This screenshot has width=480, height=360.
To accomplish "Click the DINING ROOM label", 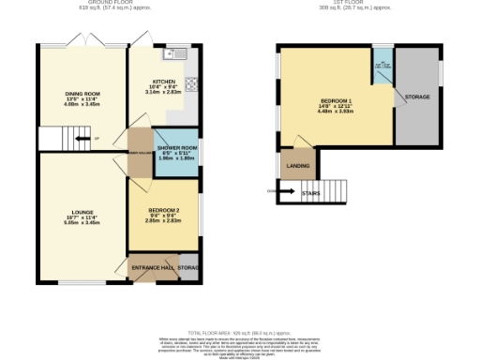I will tap(82, 94).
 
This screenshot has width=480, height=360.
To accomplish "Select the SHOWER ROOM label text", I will tap(175, 148).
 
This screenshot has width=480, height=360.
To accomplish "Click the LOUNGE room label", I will tap(82, 213).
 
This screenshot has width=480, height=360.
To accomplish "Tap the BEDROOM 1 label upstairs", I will tap(336, 100).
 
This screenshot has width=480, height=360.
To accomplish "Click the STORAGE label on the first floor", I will tap(417, 97).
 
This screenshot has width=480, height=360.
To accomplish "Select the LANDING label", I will tap(299, 167).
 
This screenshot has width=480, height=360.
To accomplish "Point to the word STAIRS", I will tap(312, 193).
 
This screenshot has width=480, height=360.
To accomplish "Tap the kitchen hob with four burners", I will tap(191, 83).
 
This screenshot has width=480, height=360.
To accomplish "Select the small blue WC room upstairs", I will tap(383, 67).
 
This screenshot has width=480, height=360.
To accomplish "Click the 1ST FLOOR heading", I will tap(351, 3).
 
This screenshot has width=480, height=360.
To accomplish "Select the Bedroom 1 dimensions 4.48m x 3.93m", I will tap(336, 111).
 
